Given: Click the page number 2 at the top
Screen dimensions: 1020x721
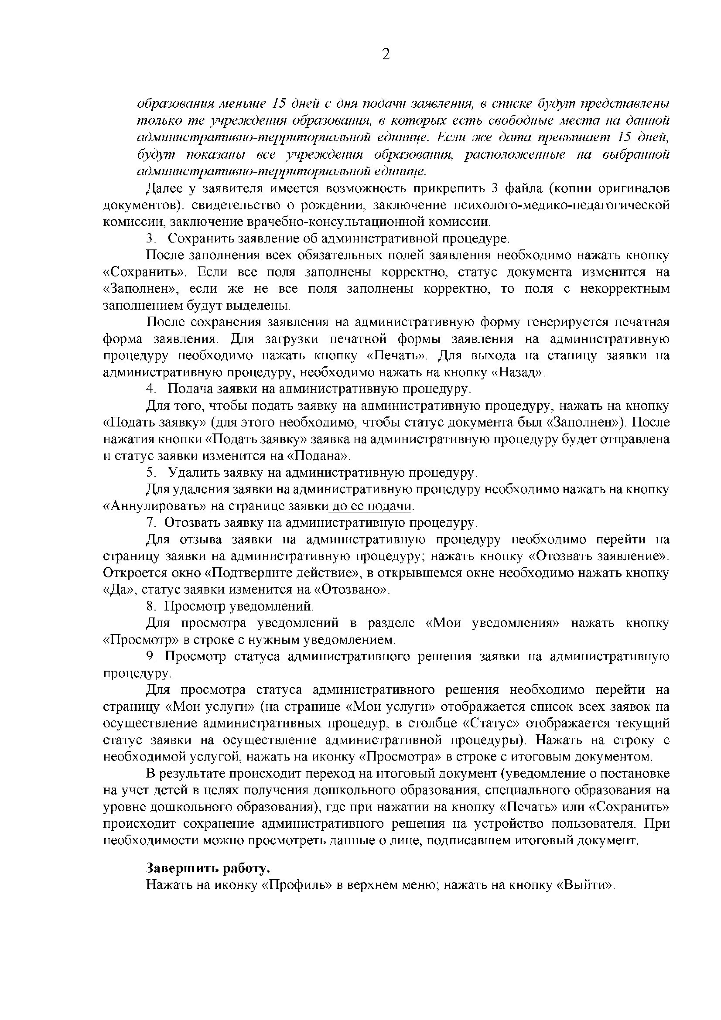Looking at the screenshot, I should tap(386, 55).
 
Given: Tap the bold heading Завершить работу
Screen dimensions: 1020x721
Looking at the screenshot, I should tap(208, 868).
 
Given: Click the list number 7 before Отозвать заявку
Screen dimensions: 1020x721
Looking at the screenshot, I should tap(150, 523).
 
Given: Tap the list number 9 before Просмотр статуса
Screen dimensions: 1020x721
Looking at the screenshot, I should tap(150, 657).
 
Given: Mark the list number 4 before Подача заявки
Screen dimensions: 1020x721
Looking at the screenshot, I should tap(150, 389).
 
